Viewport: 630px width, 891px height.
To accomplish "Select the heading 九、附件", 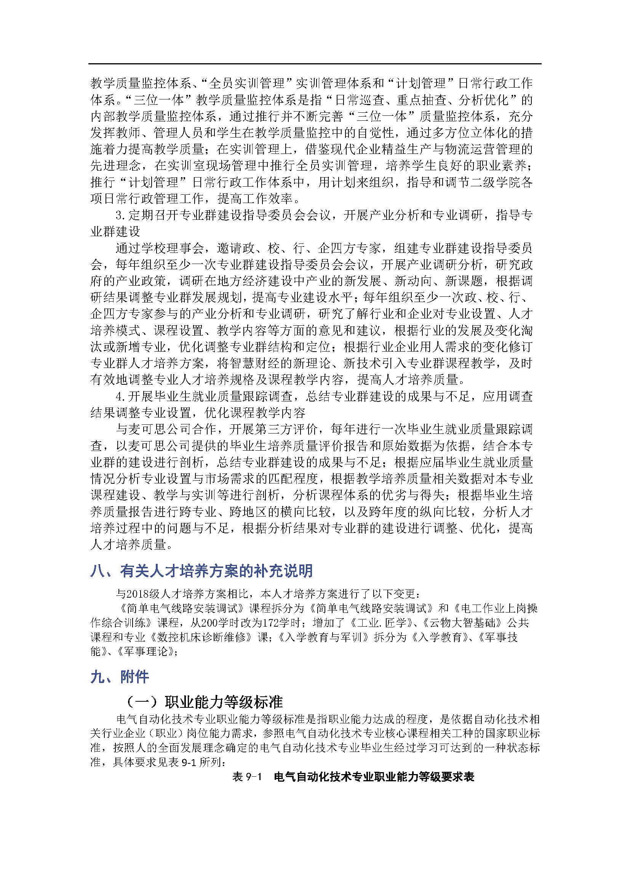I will click(120, 677).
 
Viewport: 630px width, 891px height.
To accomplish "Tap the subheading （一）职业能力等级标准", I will click(205, 701).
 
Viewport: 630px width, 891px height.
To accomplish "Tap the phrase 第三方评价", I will click(285, 429).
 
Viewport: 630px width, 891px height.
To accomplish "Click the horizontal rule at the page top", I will click(315, 64).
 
